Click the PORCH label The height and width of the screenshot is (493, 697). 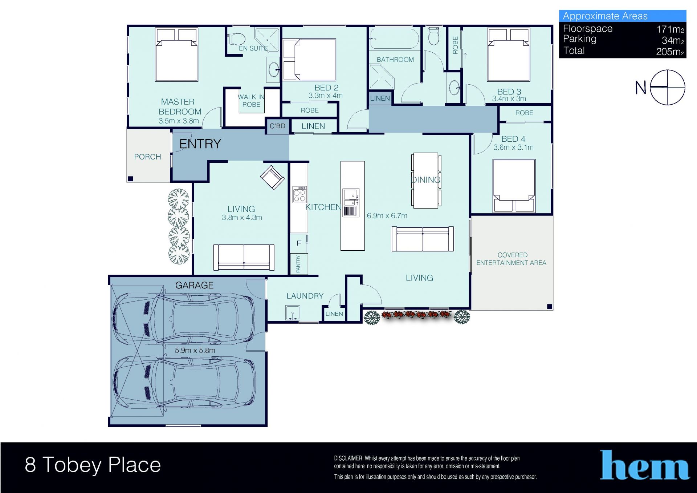(147, 157)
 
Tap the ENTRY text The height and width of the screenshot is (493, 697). (200, 144)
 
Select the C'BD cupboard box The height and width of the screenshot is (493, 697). (277, 126)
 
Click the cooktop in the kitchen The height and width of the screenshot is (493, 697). (299, 194)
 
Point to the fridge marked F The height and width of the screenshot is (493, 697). (299, 243)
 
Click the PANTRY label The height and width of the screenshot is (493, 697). (298, 264)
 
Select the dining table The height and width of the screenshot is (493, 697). (426, 181)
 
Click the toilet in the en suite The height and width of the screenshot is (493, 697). (237, 39)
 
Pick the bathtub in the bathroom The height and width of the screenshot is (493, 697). (394, 39)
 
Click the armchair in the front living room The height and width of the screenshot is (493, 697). (272, 177)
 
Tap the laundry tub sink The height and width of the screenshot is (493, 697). (293, 313)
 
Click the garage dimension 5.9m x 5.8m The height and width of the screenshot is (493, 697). (195, 351)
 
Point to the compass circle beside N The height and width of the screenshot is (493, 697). (667, 88)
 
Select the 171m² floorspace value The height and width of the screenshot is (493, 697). (670, 29)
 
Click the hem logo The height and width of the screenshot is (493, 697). (645, 465)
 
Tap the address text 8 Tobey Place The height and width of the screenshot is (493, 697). (93, 465)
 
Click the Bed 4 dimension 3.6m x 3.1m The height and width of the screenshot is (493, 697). (513, 148)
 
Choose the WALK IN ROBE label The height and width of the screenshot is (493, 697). (251, 101)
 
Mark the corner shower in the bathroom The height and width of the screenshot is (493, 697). (381, 77)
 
